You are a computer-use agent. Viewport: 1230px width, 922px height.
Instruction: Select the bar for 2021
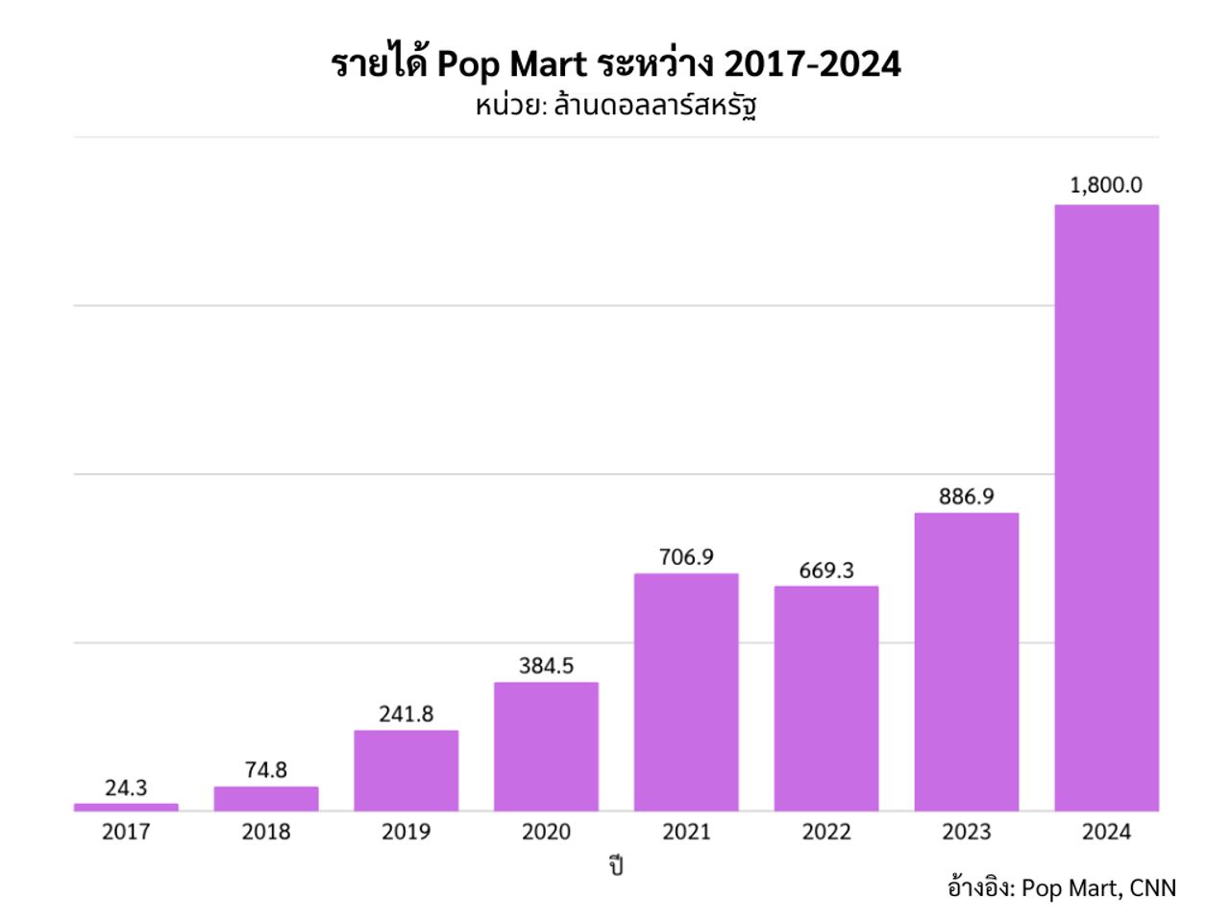coord(686,691)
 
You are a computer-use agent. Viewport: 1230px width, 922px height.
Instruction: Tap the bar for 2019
coord(406,770)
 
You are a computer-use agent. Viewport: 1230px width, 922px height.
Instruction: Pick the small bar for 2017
coord(126,807)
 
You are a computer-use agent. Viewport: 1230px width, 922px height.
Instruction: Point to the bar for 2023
coord(966,662)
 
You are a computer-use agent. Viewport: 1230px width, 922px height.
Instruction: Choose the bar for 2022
coord(826,698)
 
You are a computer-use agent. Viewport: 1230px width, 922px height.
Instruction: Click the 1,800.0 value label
coord(1106,184)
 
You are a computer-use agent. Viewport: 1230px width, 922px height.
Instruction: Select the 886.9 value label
coord(966,496)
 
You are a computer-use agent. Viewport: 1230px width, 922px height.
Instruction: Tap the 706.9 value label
coord(686,557)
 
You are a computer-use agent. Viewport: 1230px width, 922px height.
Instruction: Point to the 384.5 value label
coord(546,666)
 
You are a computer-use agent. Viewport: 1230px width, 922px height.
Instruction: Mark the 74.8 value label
coord(266,770)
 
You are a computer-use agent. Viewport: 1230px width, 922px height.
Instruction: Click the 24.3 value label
coord(126,788)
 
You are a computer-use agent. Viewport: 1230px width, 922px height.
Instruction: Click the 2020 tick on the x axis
coord(546,832)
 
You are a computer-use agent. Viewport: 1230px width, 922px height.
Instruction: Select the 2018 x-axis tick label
coord(266,832)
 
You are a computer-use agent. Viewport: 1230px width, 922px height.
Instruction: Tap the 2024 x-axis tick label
coord(1106,832)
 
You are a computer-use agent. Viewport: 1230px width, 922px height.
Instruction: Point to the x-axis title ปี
coord(615,865)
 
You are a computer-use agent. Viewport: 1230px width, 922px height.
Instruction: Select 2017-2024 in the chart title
coord(812,64)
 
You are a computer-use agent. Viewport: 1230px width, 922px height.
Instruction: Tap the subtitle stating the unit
coord(615,104)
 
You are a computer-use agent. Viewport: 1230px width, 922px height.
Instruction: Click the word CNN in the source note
coord(1152,887)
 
